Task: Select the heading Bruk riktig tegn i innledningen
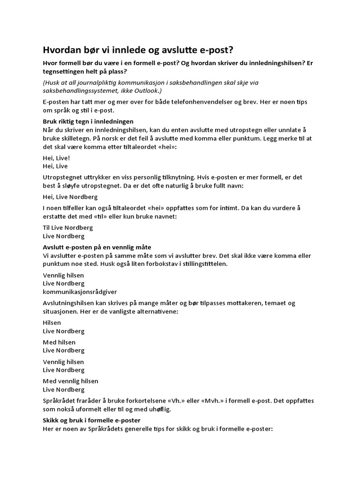tap(88, 121)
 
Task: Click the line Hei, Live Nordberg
tap(70, 197)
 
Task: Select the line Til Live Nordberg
tap(68, 227)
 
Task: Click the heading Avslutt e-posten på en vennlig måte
tap(97, 247)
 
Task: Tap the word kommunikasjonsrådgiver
tap(80, 292)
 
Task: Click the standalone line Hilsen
tap(52, 322)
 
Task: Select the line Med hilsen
tap(59, 342)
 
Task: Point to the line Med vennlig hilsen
tap(71, 381)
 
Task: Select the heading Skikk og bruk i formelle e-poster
tap(91, 420)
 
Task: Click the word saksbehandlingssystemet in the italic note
tap(82, 90)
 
